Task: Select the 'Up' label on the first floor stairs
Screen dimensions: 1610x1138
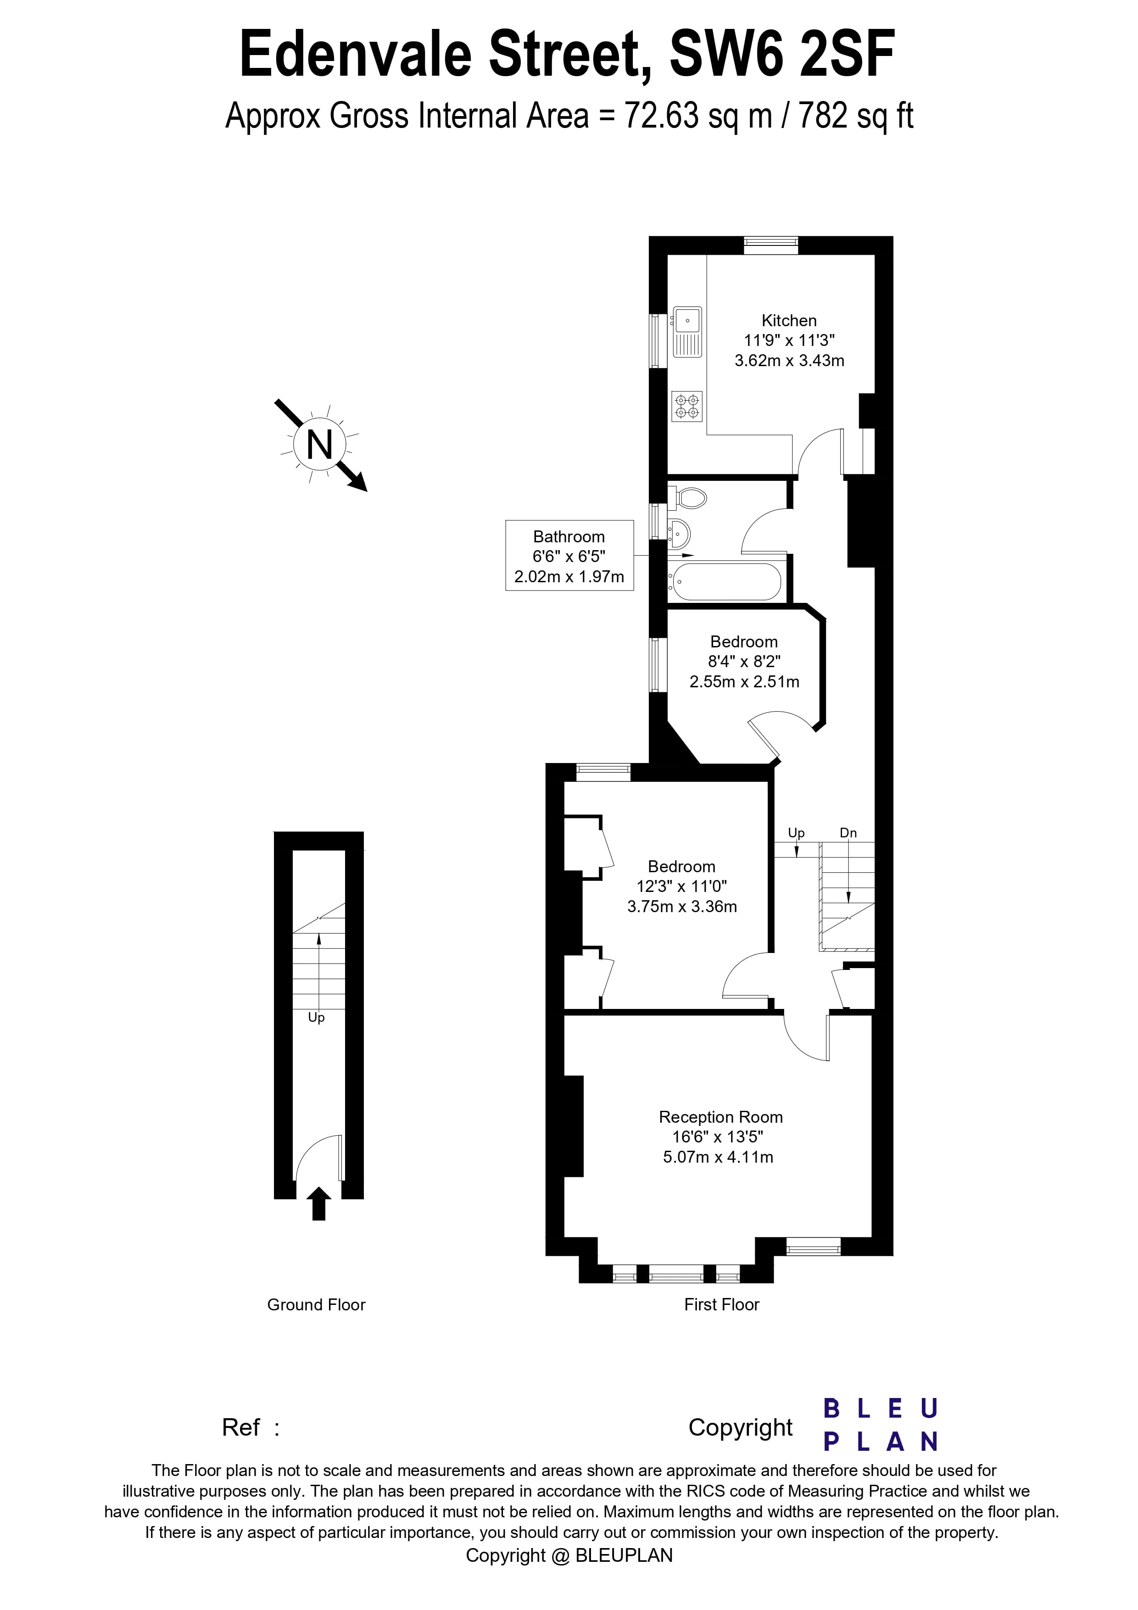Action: tap(796, 833)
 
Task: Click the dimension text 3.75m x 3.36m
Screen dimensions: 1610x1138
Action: tap(681, 907)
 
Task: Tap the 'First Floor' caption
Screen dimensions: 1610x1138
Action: tap(721, 1305)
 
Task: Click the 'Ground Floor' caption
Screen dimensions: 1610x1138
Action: tap(316, 1305)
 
